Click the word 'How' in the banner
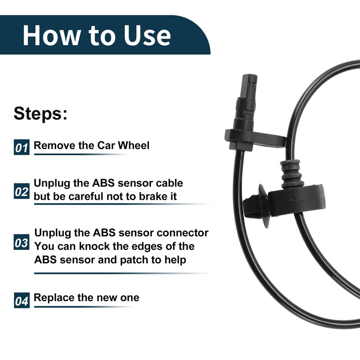(x=49, y=35)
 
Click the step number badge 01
(x=22, y=147)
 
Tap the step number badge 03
(x=22, y=243)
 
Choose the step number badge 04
(x=22, y=300)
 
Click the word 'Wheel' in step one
(x=133, y=145)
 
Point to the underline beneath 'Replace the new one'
(x=83, y=307)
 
